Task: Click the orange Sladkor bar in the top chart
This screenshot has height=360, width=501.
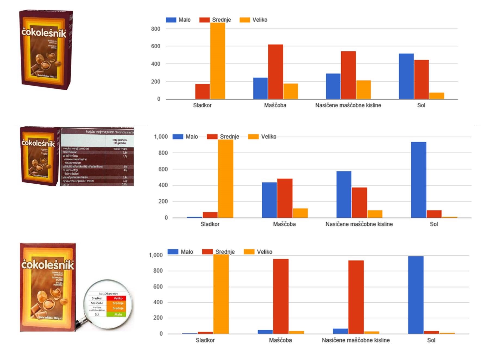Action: pos(217,61)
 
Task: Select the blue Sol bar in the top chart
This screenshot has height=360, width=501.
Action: pos(406,76)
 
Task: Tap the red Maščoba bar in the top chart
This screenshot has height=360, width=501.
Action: pos(275,72)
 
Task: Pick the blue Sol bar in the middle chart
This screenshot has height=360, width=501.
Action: pos(418,180)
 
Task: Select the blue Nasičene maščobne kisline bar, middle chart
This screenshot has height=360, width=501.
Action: pos(344,194)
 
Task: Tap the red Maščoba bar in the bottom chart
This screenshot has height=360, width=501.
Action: pos(281,296)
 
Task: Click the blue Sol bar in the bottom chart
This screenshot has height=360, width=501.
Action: pos(416,295)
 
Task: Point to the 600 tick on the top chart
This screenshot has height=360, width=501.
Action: pos(156,46)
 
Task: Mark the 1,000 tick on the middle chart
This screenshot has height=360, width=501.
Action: pos(161,136)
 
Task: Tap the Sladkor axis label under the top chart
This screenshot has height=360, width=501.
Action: pos(202,105)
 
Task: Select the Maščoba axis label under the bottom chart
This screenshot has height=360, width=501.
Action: pos(280,340)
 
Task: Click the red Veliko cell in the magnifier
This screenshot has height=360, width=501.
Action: pos(118,298)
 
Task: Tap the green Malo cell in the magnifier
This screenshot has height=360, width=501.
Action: pos(118,314)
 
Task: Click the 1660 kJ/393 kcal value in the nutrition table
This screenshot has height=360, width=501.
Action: pos(120,149)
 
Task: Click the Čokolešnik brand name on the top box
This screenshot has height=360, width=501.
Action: pos(44,33)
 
